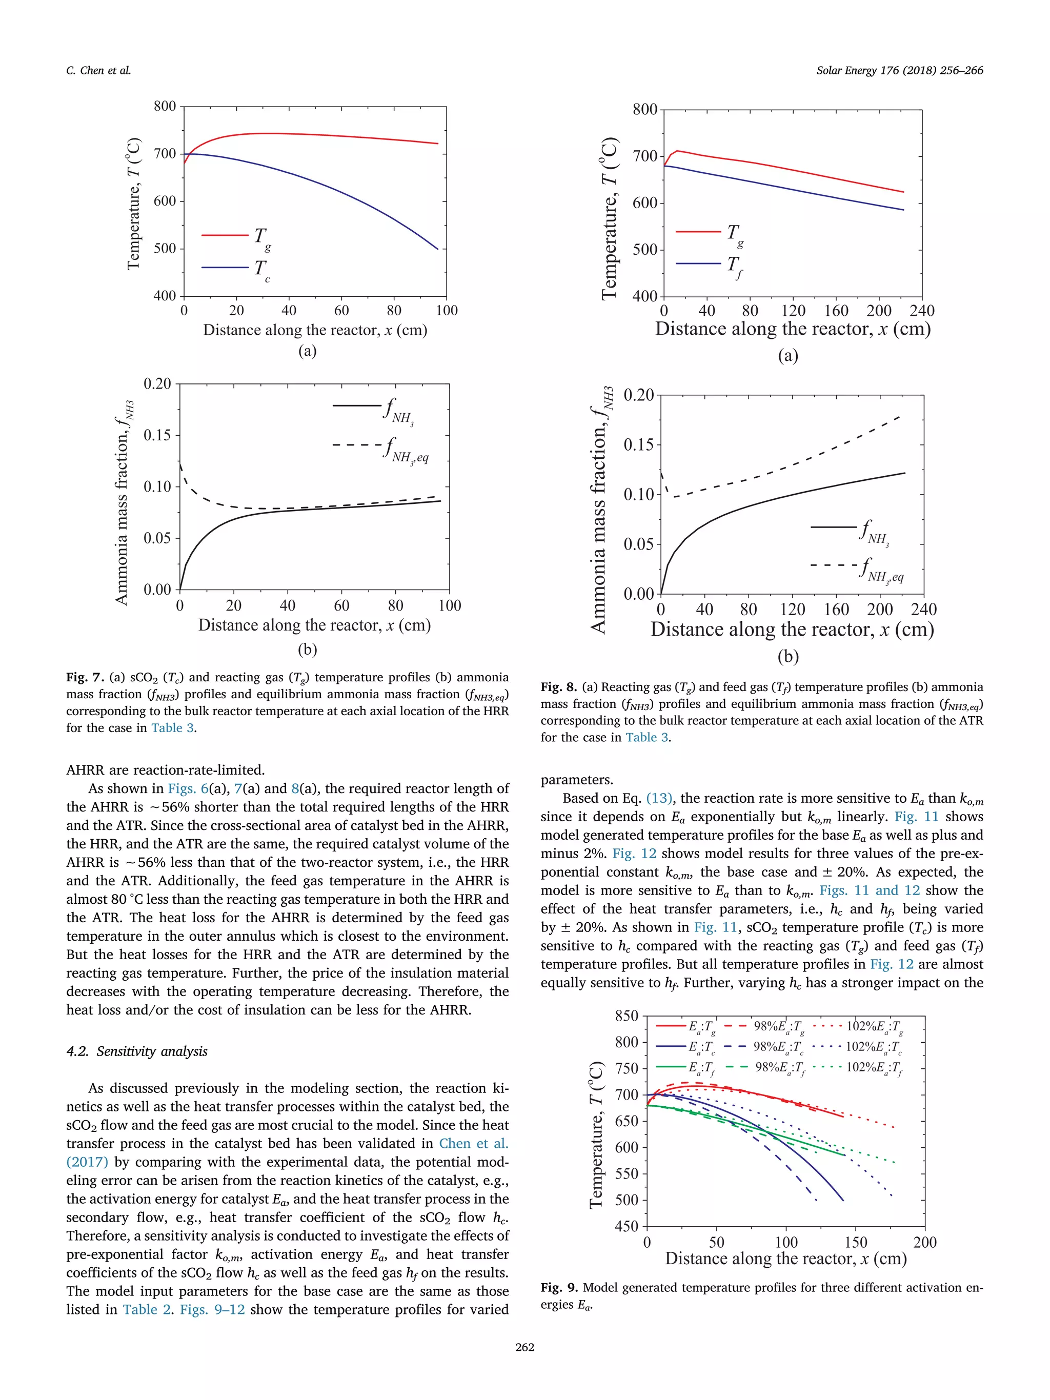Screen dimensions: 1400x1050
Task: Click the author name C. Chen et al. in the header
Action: (98, 70)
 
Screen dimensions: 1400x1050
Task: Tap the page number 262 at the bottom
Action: (524, 1347)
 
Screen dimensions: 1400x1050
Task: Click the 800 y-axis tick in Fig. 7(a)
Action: (165, 106)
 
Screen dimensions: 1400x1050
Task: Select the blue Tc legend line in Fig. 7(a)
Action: (225, 268)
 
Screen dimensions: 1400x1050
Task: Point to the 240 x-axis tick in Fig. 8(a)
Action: (921, 311)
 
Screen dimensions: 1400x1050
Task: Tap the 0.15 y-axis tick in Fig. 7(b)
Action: (157, 435)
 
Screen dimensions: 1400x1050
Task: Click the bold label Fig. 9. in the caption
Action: (559, 1287)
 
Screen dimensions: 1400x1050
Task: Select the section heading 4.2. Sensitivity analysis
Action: (137, 1051)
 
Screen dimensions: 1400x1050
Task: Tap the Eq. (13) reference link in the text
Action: (659, 798)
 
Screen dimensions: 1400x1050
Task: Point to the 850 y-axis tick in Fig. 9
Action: (627, 1016)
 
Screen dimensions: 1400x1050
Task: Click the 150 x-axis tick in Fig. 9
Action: (856, 1243)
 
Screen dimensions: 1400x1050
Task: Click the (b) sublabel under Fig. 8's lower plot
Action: (788, 656)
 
